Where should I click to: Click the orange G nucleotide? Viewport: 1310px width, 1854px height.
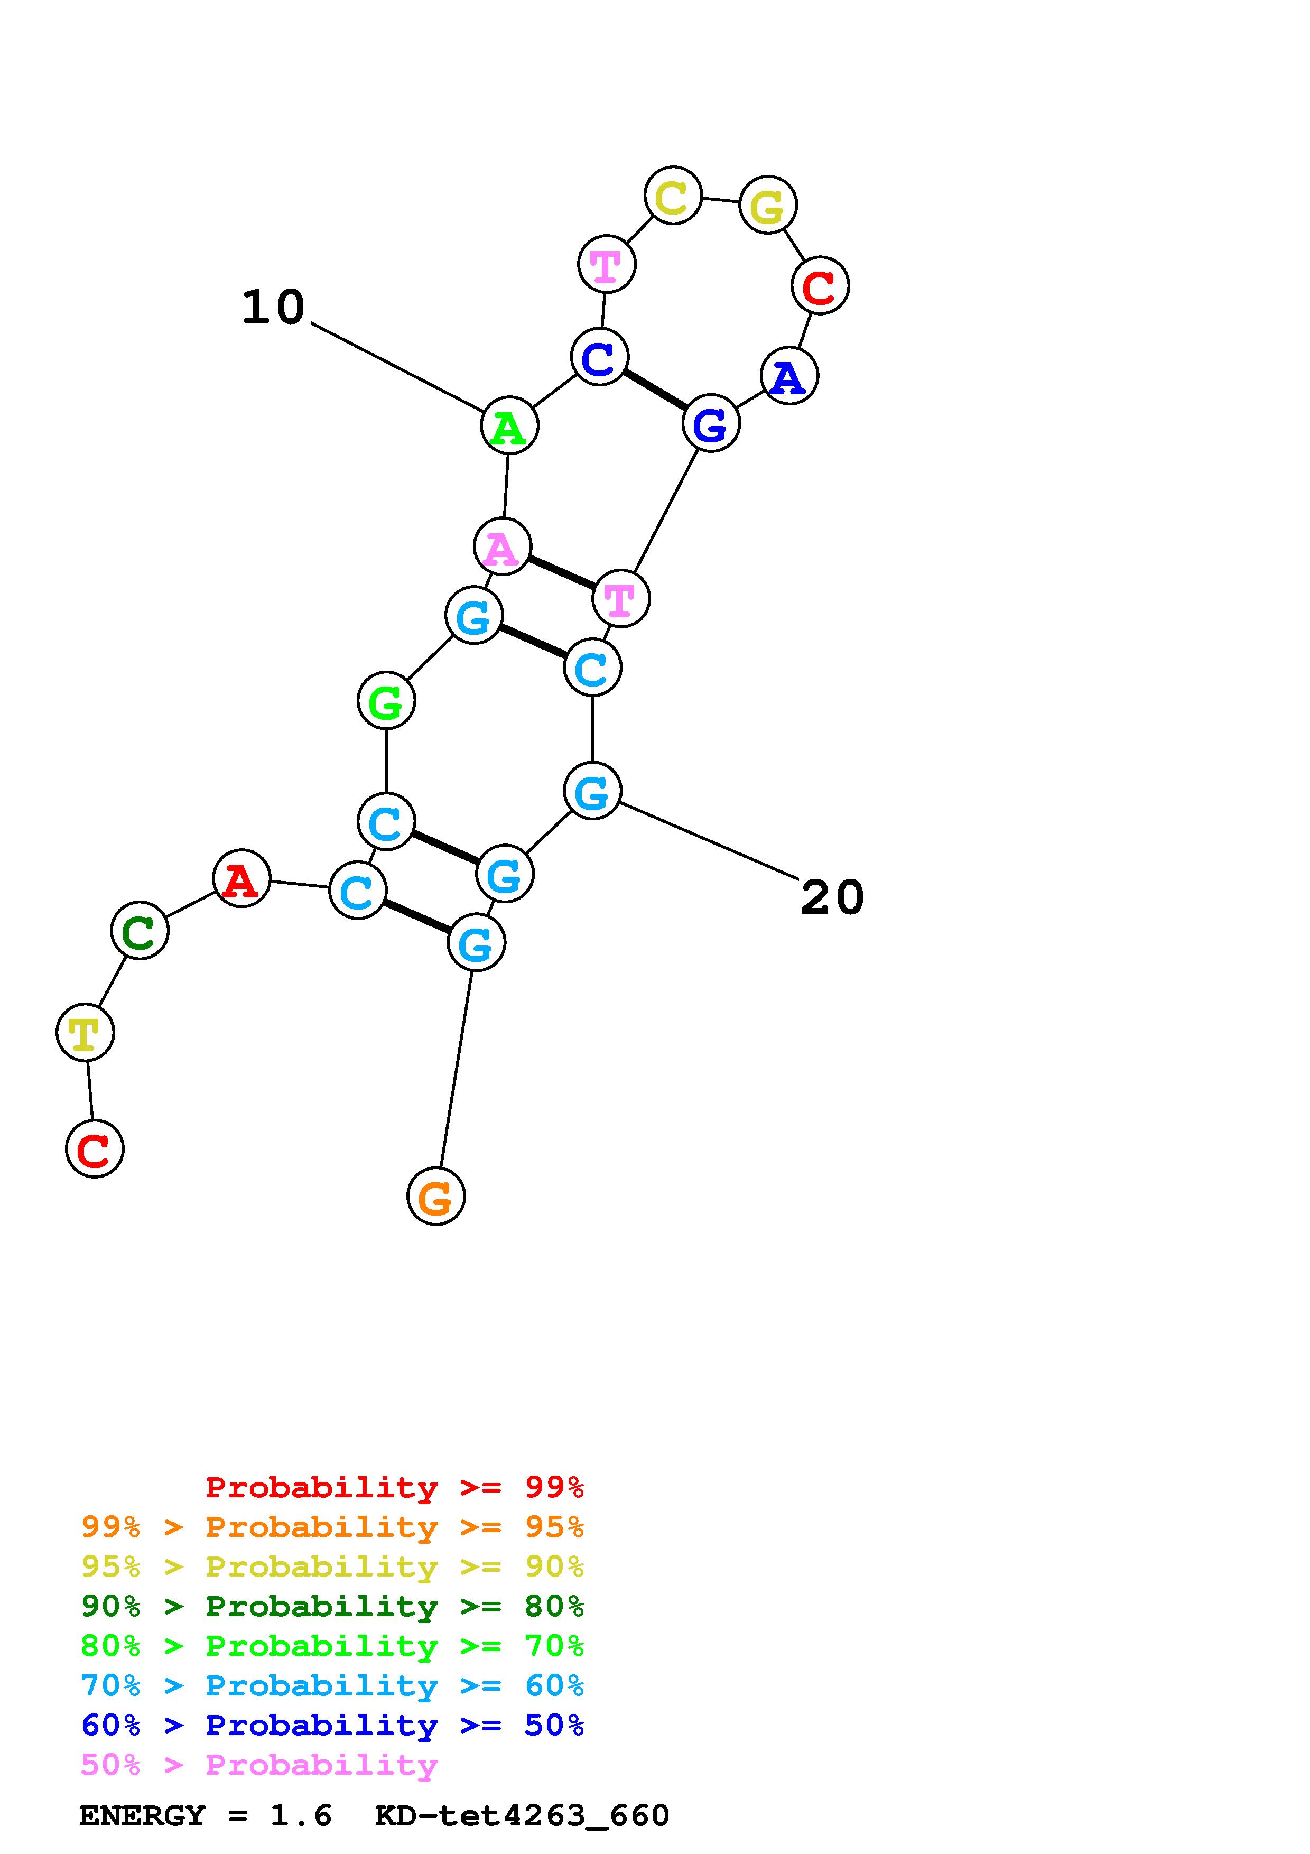click(x=436, y=1196)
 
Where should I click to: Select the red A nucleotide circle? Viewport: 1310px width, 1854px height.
click(x=241, y=878)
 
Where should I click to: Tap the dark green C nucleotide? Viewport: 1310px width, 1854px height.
click(x=140, y=931)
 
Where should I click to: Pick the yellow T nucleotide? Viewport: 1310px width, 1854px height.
click(x=85, y=1033)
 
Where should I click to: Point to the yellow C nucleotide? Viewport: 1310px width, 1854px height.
click(x=672, y=196)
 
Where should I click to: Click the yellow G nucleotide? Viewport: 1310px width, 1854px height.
click(x=768, y=205)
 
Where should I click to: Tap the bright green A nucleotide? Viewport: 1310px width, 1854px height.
click(x=509, y=425)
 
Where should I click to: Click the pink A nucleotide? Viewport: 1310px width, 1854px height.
click(x=502, y=548)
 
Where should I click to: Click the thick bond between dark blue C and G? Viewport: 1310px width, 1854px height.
click(x=655, y=390)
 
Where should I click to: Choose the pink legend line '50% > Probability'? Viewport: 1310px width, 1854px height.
click(x=259, y=1765)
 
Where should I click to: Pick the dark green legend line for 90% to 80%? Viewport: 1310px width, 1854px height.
click(x=332, y=1607)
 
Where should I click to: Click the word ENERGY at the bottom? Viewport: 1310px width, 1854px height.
click(x=142, y=1816)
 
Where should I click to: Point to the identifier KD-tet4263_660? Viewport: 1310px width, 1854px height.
click(x=522, y=1816)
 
